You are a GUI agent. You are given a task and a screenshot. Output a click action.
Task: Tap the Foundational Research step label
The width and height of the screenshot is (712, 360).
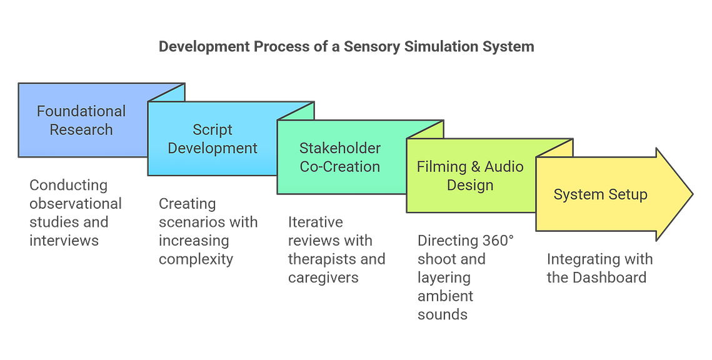[81, 120]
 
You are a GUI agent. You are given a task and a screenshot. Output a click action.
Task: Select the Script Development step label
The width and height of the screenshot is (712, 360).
[213, 139]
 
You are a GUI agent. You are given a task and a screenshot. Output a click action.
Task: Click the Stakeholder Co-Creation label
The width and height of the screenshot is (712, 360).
[339, 157]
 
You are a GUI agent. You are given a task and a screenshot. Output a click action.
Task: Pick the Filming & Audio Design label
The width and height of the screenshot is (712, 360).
[470, 176]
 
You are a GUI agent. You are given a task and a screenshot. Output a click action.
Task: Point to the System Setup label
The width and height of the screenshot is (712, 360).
[600, 195]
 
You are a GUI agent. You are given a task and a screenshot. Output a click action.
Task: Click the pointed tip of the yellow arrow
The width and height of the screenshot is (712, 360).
[693, 194]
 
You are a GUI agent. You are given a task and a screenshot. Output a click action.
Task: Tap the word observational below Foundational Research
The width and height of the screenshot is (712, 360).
[76, 204]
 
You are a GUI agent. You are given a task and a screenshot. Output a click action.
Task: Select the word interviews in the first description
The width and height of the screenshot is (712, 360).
[64, 241]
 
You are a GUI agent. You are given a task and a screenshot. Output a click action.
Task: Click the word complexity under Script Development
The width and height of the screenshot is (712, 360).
[196, 259]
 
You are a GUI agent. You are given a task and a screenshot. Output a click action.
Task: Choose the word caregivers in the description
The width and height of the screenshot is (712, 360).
[323, 278]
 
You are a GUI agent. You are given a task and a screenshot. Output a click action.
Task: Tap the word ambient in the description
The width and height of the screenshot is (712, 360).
[446, 296]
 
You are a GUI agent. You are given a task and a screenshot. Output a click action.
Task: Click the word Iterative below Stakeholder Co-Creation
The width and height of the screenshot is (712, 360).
[316, 222]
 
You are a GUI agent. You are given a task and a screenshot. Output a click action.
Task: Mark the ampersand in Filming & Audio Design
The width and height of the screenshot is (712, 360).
[476, 167]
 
